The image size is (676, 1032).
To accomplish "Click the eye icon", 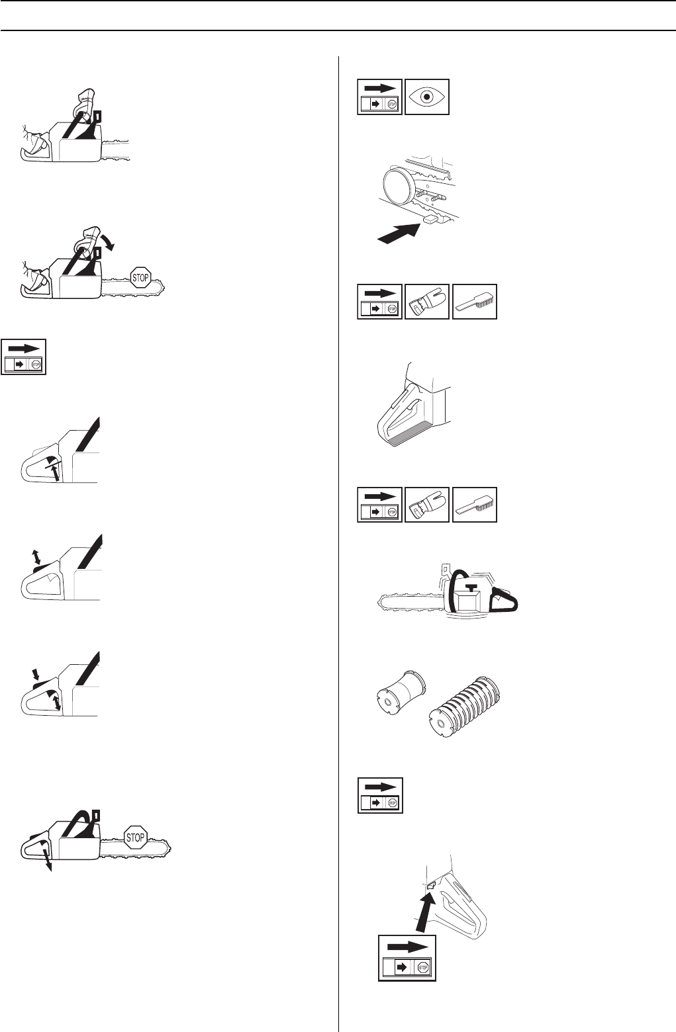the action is pos(426,97).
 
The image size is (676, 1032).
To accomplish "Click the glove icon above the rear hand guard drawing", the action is pos(426,302).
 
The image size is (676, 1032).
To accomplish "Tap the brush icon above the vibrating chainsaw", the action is pos(474,505).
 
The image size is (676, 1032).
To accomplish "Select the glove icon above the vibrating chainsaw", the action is pos(426,505).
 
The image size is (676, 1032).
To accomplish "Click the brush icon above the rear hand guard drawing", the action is pos(474,302).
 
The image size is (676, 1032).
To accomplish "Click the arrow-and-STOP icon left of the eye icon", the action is pos(380,97).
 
